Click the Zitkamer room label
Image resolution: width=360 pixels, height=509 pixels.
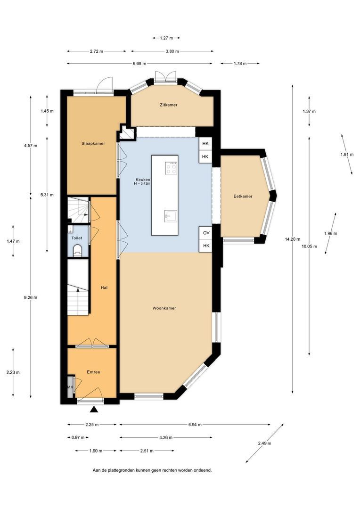169,105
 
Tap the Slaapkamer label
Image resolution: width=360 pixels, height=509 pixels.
93,143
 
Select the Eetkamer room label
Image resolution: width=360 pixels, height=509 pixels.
243,196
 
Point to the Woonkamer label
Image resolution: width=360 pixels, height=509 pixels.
164,308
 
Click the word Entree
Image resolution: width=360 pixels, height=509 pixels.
93,372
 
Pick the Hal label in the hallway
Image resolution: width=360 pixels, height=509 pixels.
104,287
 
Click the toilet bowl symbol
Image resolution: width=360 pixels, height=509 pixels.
77,250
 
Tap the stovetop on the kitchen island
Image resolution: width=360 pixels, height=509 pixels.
171,168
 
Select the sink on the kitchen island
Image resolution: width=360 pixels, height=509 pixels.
169,215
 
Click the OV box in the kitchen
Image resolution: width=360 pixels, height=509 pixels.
206,233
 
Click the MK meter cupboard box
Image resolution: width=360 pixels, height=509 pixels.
70,387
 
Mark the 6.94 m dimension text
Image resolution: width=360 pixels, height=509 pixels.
195,424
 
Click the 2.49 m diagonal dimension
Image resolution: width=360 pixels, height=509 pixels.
264,443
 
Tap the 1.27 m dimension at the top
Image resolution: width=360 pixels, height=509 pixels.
166,38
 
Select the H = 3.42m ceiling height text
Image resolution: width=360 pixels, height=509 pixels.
142,183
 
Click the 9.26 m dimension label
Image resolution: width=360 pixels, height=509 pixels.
31,297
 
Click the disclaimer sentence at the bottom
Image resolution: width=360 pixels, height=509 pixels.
152,470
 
